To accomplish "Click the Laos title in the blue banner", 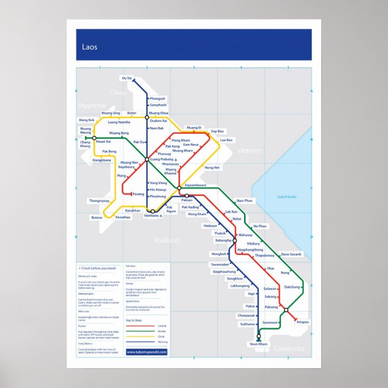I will click(x=90, y=46).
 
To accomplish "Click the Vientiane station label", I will click(x=152, y=216).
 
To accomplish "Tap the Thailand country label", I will click(x=166, y=240).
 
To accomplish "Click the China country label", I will click(x=118, y=93).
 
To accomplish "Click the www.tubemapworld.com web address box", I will click(x=146, y=352).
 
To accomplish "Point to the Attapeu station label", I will click(x=303, y=322).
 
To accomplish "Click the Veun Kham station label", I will click(x=258, y=344).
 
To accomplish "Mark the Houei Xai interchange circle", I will click(x=94, y=138).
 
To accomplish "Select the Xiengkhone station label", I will click(x=101, y=160).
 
